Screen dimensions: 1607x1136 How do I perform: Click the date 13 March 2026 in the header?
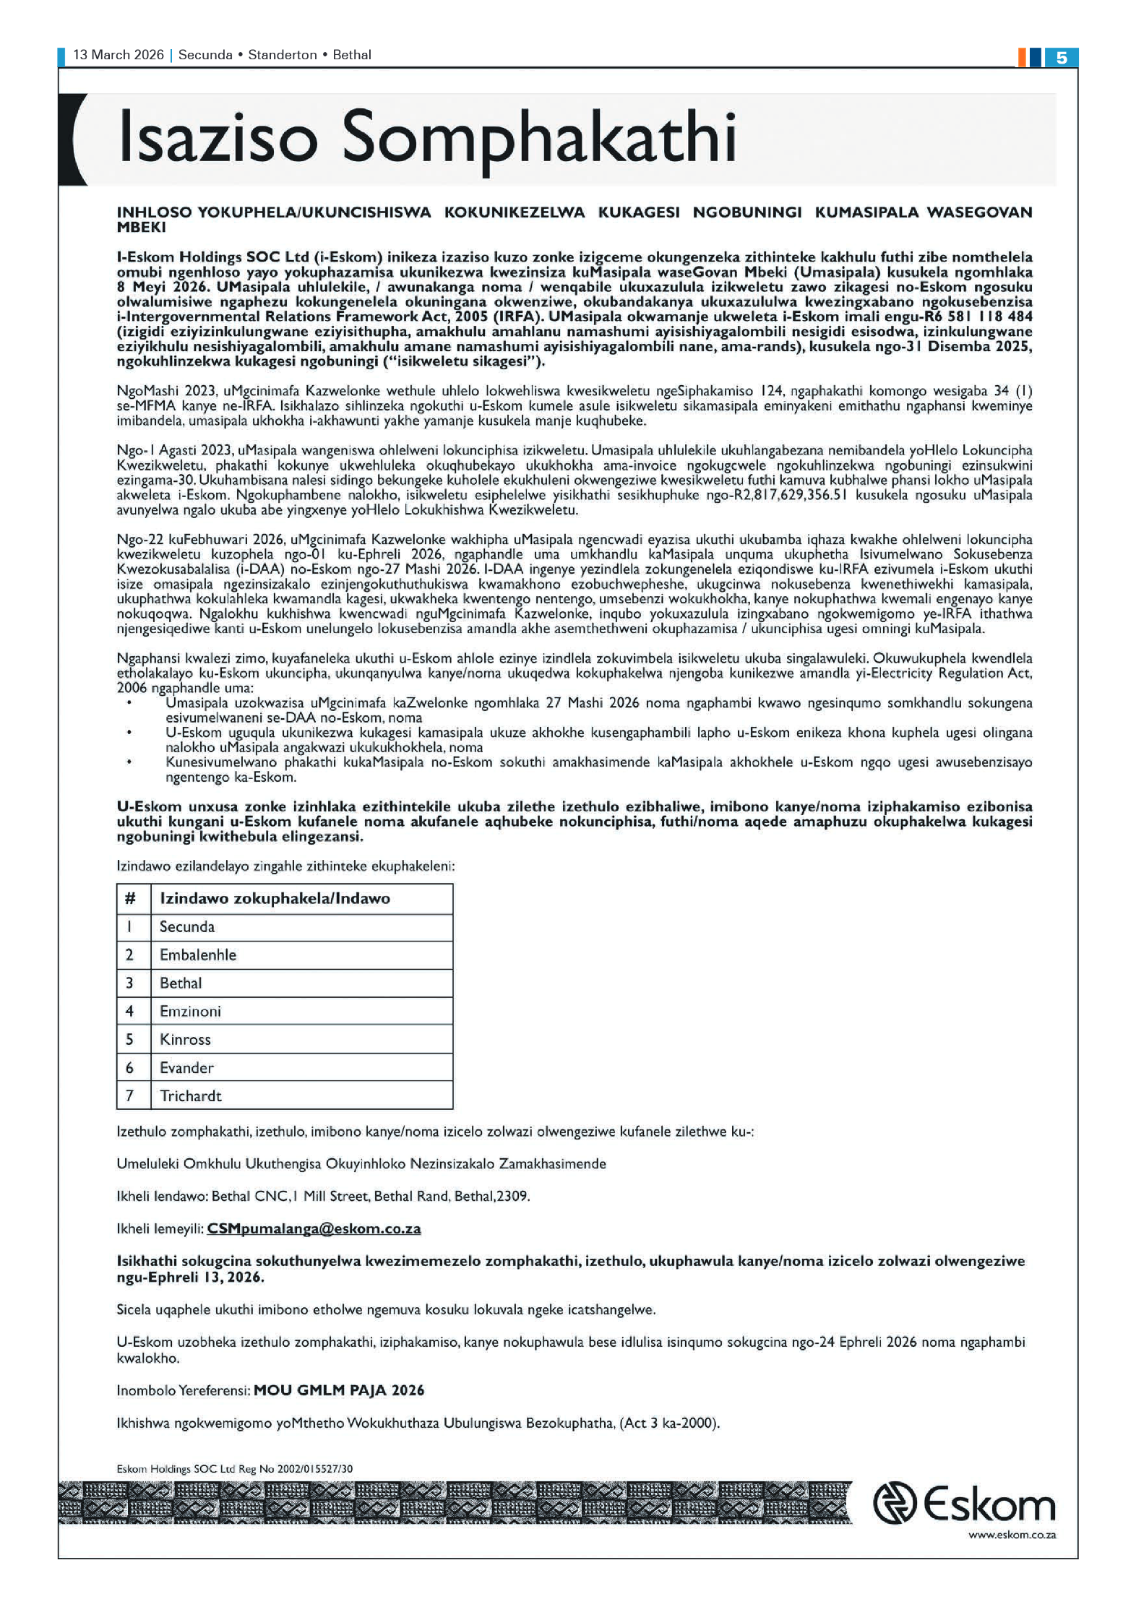pyautogui.click(x=119, y=55)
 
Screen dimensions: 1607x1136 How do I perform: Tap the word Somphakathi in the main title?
pyautogui.click(x=538, y=138)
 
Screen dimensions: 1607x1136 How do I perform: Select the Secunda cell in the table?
pyautogui.click(x=187, y=926)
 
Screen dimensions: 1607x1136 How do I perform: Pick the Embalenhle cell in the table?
pyautogui.click(x=198, y=955)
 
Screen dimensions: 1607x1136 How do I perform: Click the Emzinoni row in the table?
pyautogui.click(x=190, y=1011)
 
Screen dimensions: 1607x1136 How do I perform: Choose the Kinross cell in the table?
pyautogui.click(x=185, y=1039)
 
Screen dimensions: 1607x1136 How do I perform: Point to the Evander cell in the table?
pyautogui.click(x=186, y=1067)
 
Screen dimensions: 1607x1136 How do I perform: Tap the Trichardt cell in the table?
pyautogui.click(x=190, y=1095)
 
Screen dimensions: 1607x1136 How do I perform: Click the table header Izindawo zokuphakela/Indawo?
pyautogui.click(x=275, y=898)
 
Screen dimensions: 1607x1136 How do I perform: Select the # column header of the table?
pyautogui.click(x=130, y=898)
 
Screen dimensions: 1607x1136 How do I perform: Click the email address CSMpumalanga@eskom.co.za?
pyautogui.click(x=314, y=1228)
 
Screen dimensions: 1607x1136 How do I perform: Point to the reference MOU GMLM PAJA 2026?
pyautogui.click(x=339, y=1390)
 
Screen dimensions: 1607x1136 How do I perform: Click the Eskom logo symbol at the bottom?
pyautogui.click(x=895, y=1503)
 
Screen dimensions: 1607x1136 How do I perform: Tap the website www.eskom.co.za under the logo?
pyautogui.click(x=1012, y=1535)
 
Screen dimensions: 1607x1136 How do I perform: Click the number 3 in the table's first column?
pyautogui.click(x=130, y=983)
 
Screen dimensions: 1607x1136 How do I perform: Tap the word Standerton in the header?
pyautogui.click(x=283, y=55)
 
